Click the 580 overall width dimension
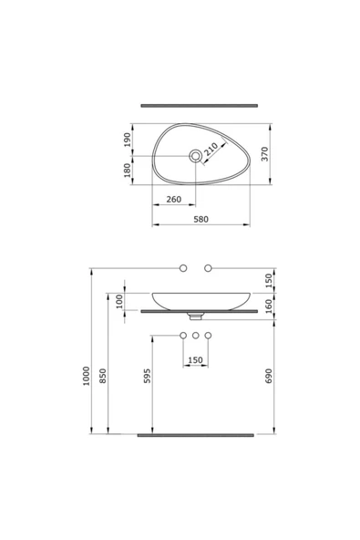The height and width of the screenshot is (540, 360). point(201,219)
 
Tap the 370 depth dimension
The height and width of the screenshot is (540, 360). point(265,155)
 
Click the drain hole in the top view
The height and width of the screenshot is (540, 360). point(195,156)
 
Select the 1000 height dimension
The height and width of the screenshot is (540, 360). point(86,377)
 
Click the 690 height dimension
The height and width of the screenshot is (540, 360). point(268,376)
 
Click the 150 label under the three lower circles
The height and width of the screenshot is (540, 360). point(195,360)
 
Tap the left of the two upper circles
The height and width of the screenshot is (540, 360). point(183,267)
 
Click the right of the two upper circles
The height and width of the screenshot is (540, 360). point(208,267)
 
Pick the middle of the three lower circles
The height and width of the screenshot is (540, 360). point(195,337)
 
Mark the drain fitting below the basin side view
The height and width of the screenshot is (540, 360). point(195,317)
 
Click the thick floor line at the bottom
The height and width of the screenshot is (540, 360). point(195,435)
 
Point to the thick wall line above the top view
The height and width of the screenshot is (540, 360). point(195,105)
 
